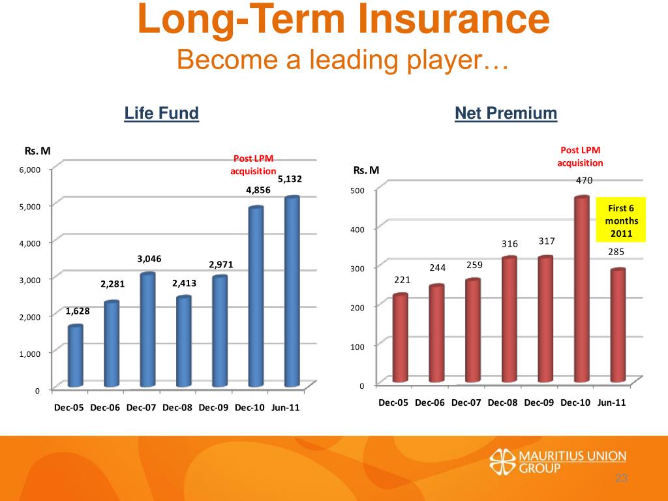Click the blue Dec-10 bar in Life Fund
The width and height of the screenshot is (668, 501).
coord(256,297)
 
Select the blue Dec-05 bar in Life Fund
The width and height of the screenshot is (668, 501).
coord(76,356)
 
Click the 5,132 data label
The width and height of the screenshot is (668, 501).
coord(290,179)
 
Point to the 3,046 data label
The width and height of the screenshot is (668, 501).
coord(149,259)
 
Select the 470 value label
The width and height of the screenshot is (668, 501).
coord(584,181)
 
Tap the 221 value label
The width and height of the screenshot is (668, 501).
coord(402,280)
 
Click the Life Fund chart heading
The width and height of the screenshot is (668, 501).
coord(161,114)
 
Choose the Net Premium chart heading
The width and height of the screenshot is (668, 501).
coord(506,114)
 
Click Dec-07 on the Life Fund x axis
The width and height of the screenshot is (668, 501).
coord(142,408)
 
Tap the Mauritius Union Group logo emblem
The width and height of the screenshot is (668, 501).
coord(502,461)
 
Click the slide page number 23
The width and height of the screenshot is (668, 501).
coord(620,480)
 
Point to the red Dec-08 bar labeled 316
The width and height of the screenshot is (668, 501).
coord(509,319)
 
